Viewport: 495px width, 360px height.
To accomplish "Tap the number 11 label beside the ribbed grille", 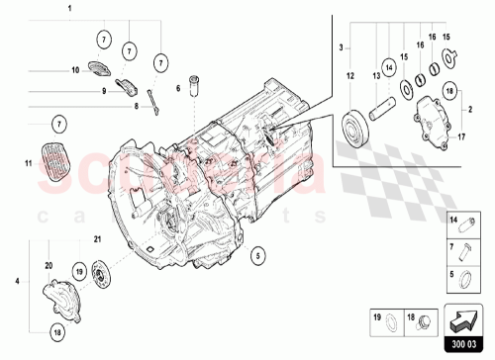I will coord(27,158).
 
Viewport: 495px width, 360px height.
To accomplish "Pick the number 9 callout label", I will coord(102,92).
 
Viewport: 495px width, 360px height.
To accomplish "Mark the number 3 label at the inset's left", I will coord(342,46).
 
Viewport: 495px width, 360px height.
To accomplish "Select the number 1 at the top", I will coord(69,8).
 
